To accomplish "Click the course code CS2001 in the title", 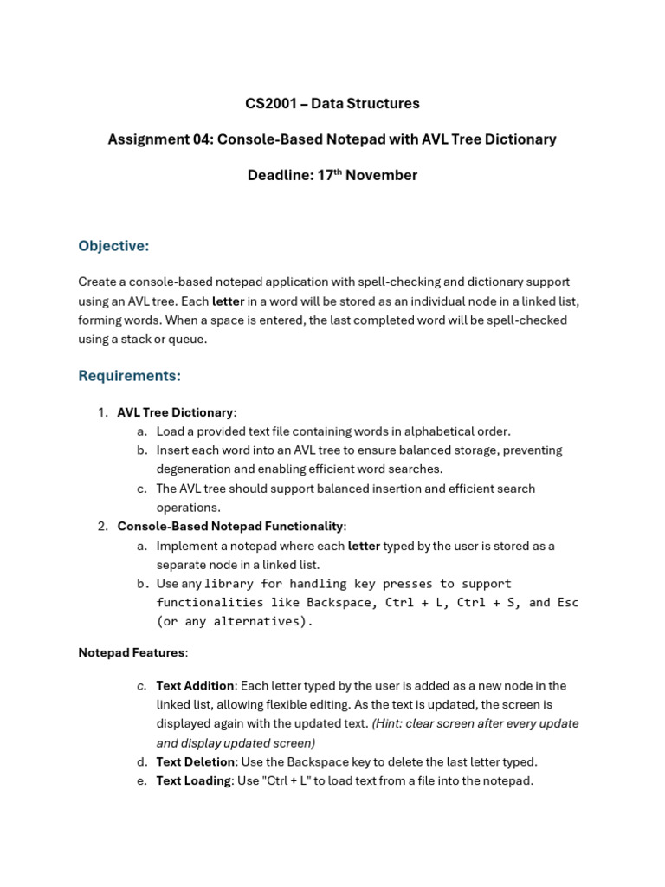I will click(268, 104).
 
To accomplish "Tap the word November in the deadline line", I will click(381, 176).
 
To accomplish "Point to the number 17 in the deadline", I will click(326, 176).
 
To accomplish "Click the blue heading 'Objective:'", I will click(113, 247).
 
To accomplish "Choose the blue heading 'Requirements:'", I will click(129, 376).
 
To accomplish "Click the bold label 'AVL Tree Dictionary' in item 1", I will click(175, 412).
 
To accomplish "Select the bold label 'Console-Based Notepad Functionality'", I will click(230, 527).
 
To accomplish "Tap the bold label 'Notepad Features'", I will click(132, 652).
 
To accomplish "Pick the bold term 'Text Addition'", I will click(195, 686).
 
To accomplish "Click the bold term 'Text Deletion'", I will click(195, 762).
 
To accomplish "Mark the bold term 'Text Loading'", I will click(193, 781).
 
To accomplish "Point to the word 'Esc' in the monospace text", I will click(567, 603).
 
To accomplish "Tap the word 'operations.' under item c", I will click(188, 508).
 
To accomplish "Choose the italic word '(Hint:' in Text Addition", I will click(389, 724).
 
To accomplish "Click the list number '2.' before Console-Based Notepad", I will click(102, 527).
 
